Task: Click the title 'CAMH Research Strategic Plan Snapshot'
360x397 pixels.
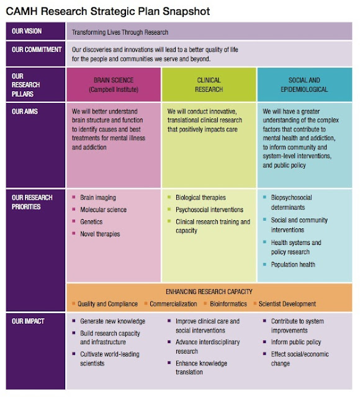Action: pos(107,11)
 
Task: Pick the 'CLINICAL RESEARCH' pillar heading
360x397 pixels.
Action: pos(209,84)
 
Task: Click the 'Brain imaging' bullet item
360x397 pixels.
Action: pos(97,198)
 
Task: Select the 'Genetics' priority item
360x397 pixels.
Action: pos(91,221)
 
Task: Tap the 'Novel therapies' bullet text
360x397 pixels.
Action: pos(100,234)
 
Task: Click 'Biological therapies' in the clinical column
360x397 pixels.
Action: pos(200,198)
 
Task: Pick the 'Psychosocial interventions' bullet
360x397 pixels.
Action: pos(209,210)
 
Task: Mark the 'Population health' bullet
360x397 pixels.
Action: pos(293,265)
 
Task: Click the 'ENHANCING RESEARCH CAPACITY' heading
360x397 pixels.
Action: pos(209,291)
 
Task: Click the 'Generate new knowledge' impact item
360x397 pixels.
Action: pos(112,321)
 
